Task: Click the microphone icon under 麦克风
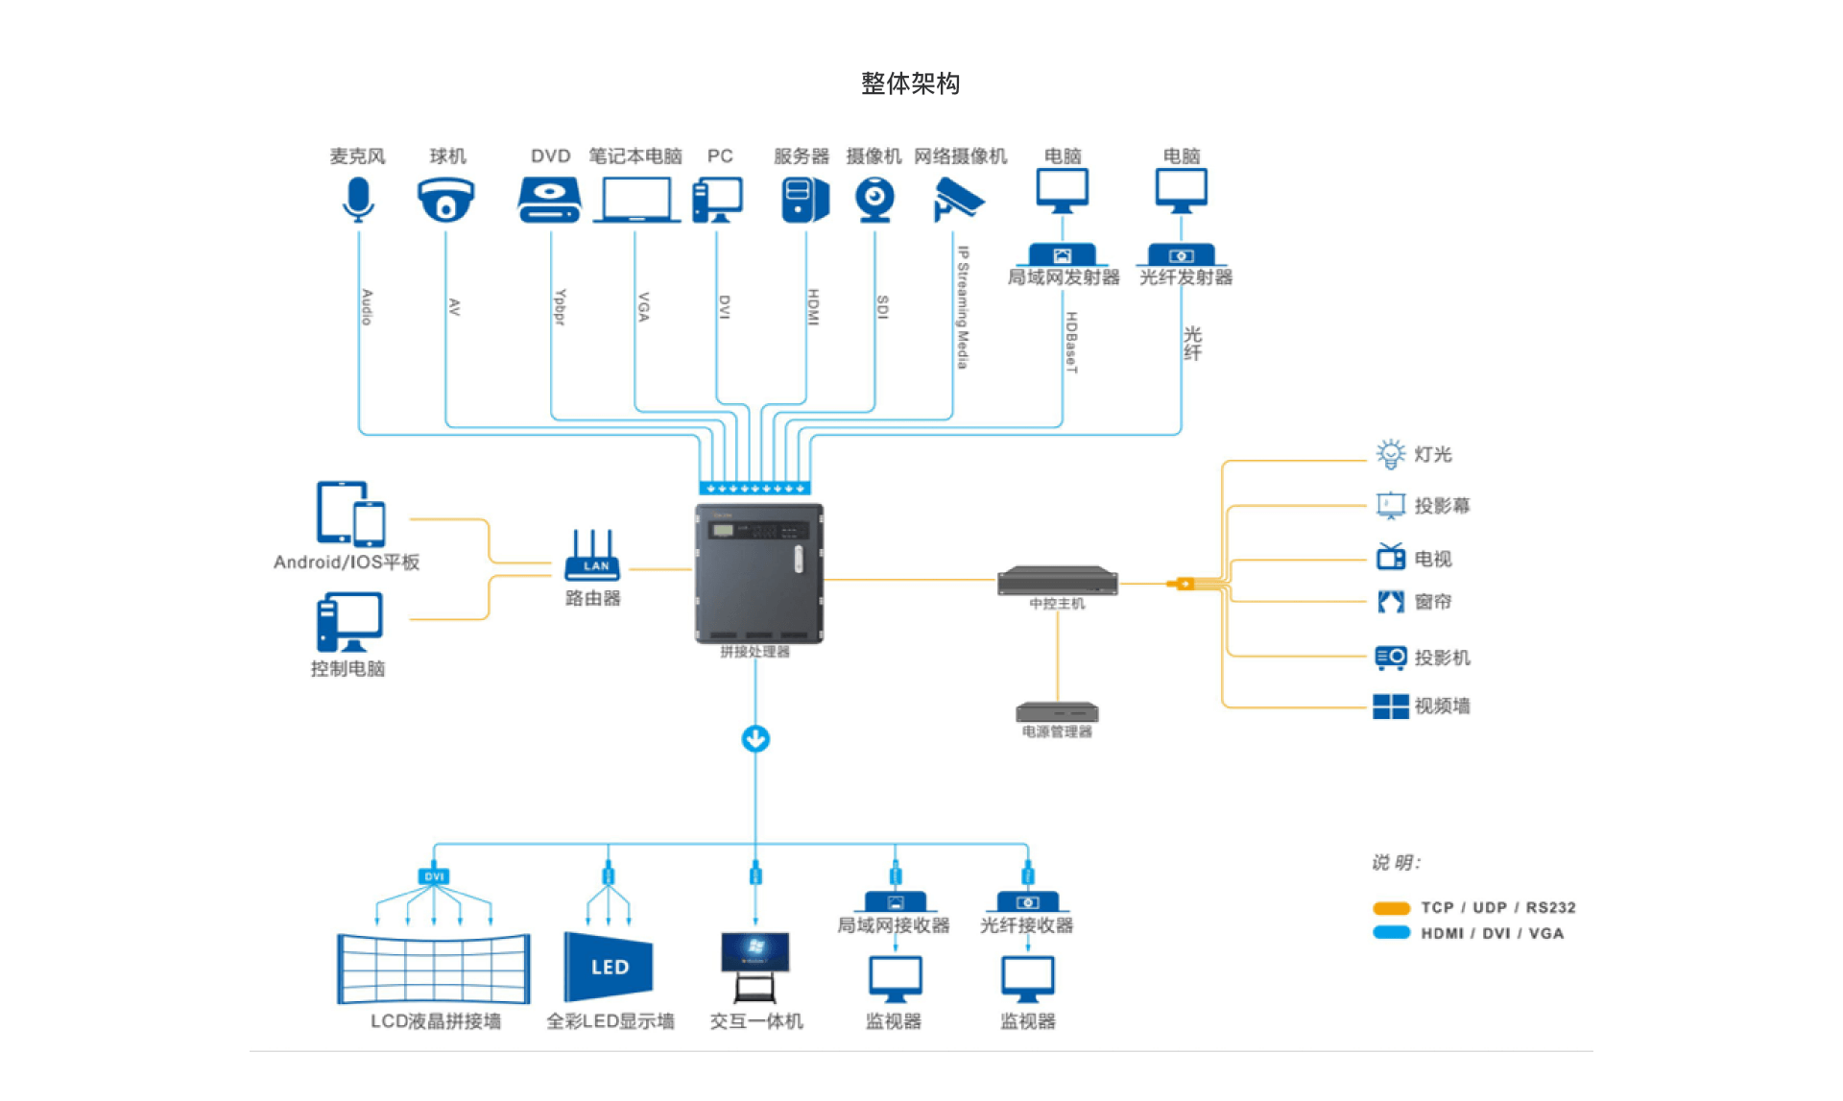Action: point(358,200)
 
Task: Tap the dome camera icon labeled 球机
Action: point(445,200)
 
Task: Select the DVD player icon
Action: point(549,200)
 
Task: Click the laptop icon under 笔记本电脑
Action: point(635,200)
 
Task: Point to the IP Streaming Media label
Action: point(963,307)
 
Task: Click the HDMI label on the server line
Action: point(813,307)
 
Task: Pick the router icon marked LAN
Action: point(592,557)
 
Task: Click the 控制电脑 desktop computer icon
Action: point(349,622)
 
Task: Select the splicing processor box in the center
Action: point(758,573)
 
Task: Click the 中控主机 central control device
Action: point(1057,581)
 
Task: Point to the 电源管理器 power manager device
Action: point(1057,712)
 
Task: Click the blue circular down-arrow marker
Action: point(755,739)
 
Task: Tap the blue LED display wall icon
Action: point(609,967)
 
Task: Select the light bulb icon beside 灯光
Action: point(1390,454)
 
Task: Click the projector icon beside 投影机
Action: point(1390,657)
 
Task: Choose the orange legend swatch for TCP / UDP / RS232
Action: point(1391,908)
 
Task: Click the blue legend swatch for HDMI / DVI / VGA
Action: point(1391,933)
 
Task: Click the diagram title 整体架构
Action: point(910,84)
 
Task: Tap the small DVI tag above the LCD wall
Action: point(434,876)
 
